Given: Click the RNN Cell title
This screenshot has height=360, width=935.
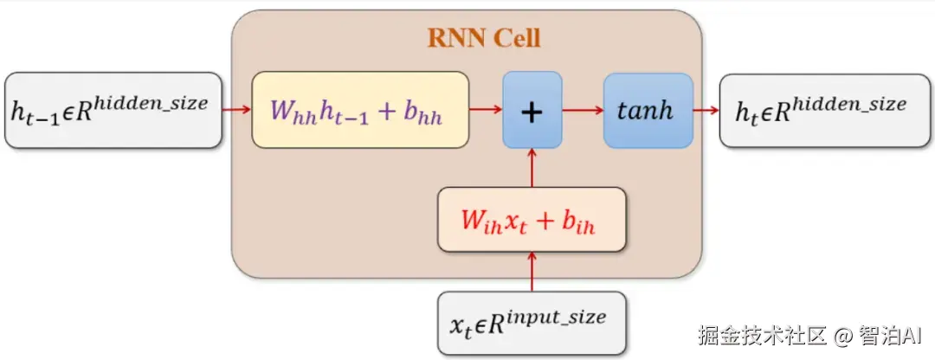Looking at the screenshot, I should (484, 38).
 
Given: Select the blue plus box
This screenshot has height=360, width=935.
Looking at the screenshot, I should (532, 110).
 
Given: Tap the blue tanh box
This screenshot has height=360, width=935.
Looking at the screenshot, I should (648, 110).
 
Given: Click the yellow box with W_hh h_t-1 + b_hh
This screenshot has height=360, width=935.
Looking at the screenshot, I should (359, 110).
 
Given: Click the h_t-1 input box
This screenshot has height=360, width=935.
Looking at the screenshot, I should (113, 110).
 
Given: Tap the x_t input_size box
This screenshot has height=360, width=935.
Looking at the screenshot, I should (531, 323).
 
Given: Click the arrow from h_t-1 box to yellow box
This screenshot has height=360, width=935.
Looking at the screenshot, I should (236, 110).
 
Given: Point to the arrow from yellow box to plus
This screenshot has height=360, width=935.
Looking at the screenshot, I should (486, 110).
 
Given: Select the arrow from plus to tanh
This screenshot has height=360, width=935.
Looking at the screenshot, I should (583, 110).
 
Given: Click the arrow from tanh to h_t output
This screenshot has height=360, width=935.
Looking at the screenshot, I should (706, 110).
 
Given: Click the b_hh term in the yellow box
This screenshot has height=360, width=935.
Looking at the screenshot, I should (423, 113).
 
